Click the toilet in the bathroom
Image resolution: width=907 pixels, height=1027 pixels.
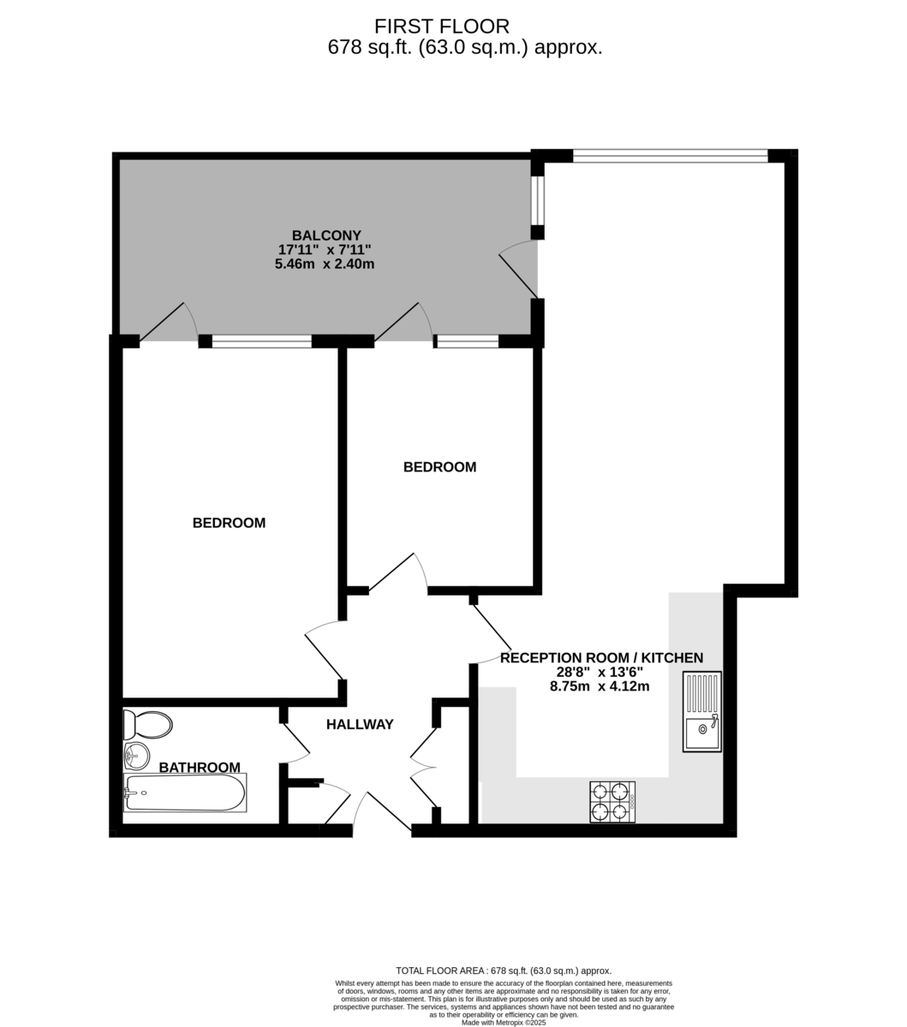147,724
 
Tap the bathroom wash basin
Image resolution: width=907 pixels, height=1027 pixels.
136,757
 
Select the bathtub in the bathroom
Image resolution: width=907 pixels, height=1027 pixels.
185,793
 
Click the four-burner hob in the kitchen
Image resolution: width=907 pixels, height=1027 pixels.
612,802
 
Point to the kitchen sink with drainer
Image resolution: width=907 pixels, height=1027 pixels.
702,712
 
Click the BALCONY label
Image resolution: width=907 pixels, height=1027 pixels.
326,235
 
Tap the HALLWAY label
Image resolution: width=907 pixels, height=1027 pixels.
360,725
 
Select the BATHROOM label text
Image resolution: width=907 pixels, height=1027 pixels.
200,768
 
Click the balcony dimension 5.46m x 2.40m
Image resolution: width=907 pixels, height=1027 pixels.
325,264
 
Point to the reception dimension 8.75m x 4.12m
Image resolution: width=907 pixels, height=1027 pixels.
600,686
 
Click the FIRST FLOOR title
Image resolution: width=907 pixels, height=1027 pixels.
442,26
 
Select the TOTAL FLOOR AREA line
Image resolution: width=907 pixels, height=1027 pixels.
504,971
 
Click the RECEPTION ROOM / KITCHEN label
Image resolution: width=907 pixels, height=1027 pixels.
601,658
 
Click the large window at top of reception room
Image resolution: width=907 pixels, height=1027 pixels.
670,156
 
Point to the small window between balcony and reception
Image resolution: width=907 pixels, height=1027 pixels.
538,199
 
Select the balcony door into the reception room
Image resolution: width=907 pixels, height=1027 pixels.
518,269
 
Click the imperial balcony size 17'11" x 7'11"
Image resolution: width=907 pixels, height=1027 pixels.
325,250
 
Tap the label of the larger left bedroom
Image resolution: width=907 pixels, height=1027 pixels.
229,523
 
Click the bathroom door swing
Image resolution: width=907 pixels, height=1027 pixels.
295,743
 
